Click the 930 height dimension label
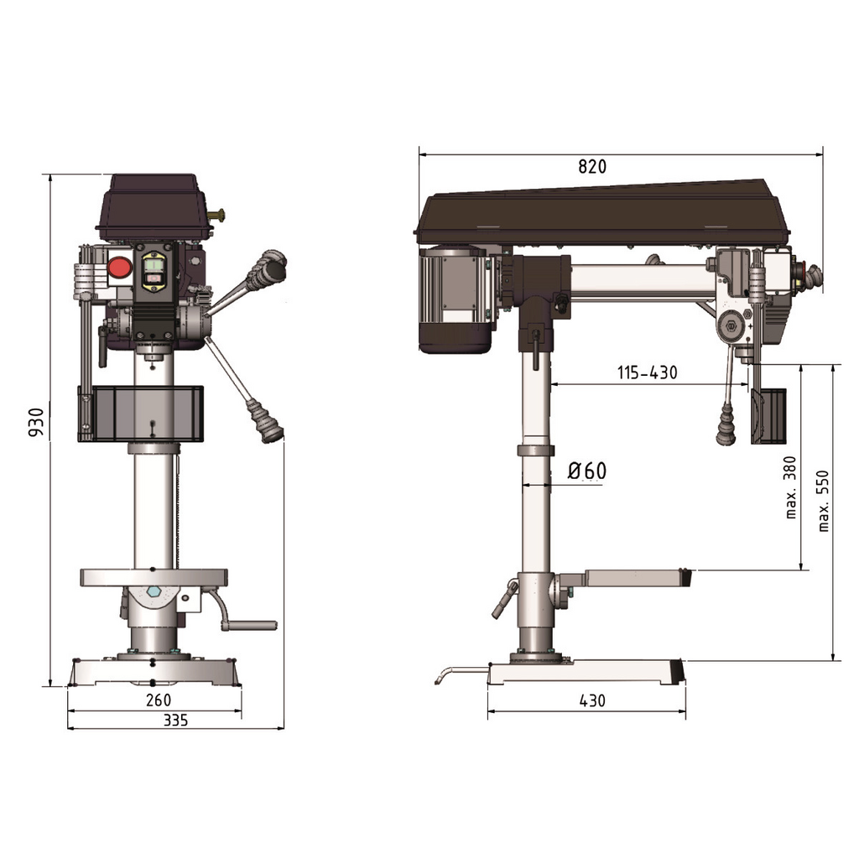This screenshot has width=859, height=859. click(x=35, y=423)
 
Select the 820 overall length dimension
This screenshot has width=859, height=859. click(x=591, y=166)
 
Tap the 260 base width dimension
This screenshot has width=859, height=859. click(x=159, y=700)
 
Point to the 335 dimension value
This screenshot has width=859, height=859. click(x=175, y=720)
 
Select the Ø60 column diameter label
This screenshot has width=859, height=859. click(x=586, y=471)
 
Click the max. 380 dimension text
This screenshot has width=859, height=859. click(x=789, y=487)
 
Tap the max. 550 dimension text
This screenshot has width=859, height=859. click(x=823, y=501)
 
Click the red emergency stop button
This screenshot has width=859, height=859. click(x=119, y=268)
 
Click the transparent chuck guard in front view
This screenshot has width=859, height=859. click(x=143, y=413)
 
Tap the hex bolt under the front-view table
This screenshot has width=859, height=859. click(x=153, y=592)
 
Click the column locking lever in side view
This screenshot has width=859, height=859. click(x=505, y=598)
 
